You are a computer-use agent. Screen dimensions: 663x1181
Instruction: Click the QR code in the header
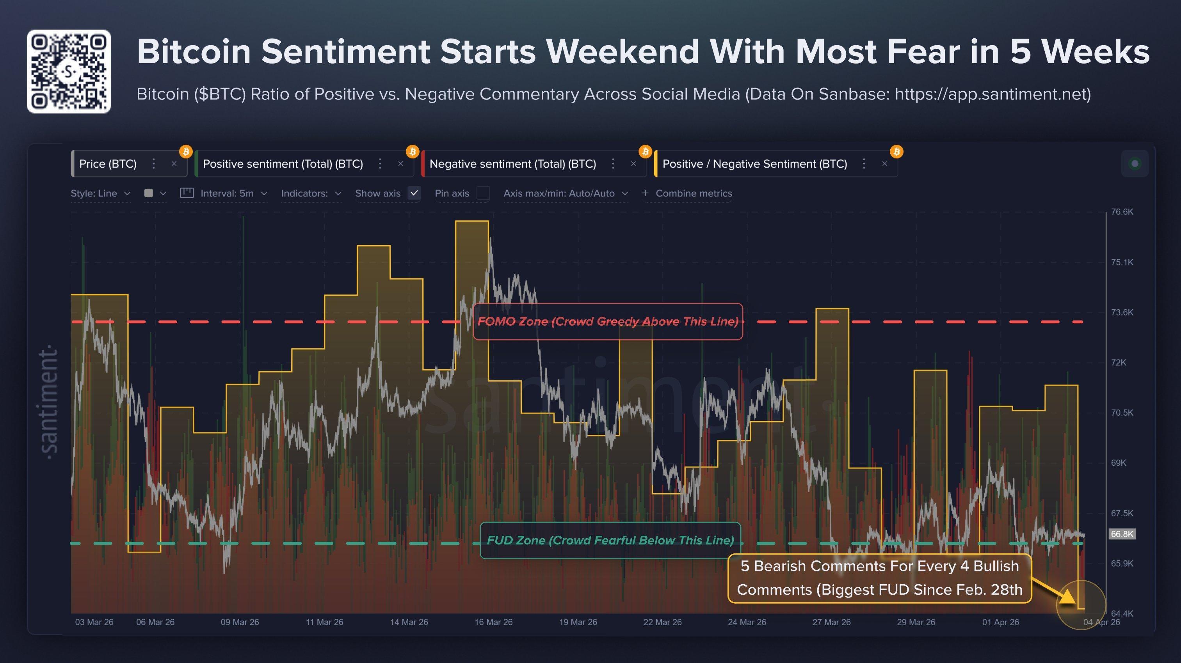(69, 71)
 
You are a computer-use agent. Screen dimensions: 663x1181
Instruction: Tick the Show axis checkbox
(414, 193)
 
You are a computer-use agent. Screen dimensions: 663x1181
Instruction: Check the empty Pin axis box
(483, 193)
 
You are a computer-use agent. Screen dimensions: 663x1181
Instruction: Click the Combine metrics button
(688, 193)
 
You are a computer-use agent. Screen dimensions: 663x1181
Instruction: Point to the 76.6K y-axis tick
(1121, 212)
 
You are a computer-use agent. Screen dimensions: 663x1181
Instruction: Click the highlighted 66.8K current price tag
(1121, 534)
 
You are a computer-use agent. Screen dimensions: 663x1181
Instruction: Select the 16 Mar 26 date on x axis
(493, 622)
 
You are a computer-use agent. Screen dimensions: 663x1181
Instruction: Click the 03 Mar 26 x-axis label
(94, 622)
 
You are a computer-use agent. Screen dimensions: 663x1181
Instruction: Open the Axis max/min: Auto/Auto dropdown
(565, 193)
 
